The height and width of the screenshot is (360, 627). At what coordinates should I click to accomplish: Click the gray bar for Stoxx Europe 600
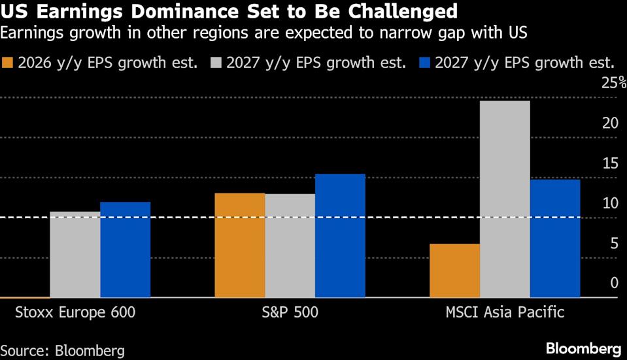[x=75, y=254]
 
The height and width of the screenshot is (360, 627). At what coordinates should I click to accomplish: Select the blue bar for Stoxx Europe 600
[x=125, y=250]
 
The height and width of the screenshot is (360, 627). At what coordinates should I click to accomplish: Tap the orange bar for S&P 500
[x=240, y=245]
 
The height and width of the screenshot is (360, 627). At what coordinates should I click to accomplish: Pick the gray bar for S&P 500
[x=290, y=246]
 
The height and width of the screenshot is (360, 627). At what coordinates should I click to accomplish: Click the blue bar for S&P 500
[x=340, y=235]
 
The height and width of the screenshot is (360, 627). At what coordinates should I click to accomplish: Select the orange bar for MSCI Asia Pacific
[x=454, y=270]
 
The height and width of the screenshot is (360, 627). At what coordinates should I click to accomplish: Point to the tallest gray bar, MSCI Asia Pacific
[x=505, y=199]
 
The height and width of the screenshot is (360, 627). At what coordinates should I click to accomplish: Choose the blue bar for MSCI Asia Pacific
[x=554, y=238]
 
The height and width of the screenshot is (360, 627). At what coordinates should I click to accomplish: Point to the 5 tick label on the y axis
[x=613, y=244]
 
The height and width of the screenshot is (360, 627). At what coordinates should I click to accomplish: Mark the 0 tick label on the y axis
[x=614, y=283]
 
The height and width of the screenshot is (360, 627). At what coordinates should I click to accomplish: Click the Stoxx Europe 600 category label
[x=75, y=312]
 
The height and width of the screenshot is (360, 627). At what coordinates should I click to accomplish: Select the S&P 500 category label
[x=289, y=312]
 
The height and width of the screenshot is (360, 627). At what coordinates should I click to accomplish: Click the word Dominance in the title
[x=167, y=11]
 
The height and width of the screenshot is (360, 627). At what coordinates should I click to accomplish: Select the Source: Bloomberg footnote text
[x=62, y=350]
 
